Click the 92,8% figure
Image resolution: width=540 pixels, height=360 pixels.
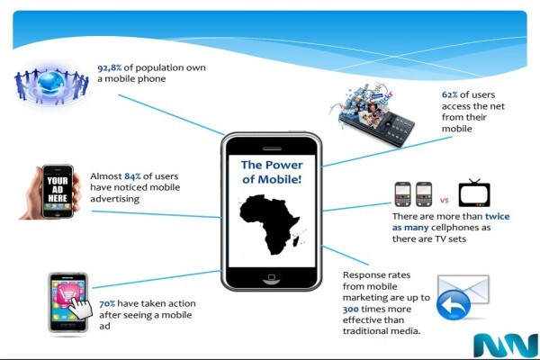(x=109, y=67)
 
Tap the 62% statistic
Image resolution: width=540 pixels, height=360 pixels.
(x=449, y=94)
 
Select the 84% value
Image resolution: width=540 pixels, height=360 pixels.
(x=132, y=176)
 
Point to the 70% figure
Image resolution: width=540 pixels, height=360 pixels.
(x=107, y=304)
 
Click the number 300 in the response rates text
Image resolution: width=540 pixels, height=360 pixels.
(x=351, y=309)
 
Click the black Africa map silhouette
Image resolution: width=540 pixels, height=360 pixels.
(x=270, y=224)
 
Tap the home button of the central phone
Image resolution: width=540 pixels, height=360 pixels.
(x=272, y=278)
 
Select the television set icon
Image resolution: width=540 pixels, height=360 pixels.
(x=474, y=193)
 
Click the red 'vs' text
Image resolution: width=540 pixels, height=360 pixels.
(x=445, y=200)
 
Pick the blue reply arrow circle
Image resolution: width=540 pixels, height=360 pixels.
(x=454, y=305)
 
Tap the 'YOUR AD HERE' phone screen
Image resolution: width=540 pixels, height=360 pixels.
(x=58, y=191)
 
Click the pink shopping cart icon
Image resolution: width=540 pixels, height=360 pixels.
(x=67, y=294)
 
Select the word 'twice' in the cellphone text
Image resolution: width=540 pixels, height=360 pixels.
(x=498, y=216)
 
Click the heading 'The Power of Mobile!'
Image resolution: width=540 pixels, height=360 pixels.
(x=272, y=172)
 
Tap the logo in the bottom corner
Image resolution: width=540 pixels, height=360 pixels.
(x=506, y=346)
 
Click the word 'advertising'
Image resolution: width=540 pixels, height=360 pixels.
(x=114, y=199)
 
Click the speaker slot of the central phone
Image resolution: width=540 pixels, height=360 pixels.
(x=272, y=148)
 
